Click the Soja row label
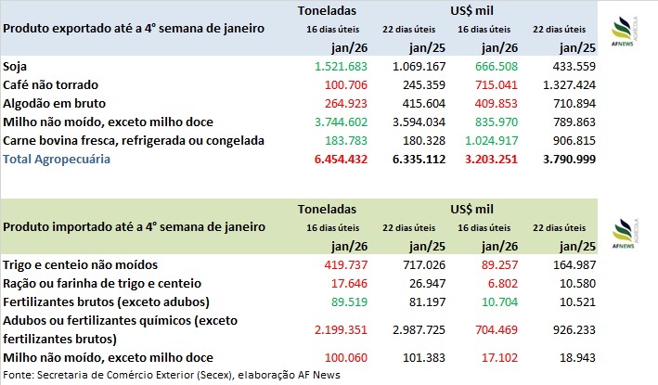coord(15,67)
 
